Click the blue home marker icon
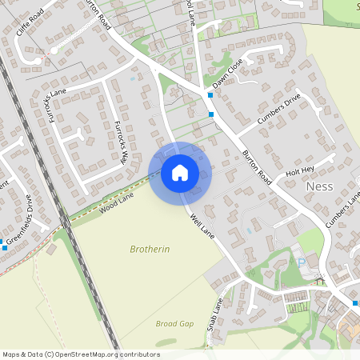click(180, 172)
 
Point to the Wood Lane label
click(116, 203)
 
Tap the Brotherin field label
click(150, 250)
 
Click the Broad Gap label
click(174, 323)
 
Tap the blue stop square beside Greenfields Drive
click(5, 248)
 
